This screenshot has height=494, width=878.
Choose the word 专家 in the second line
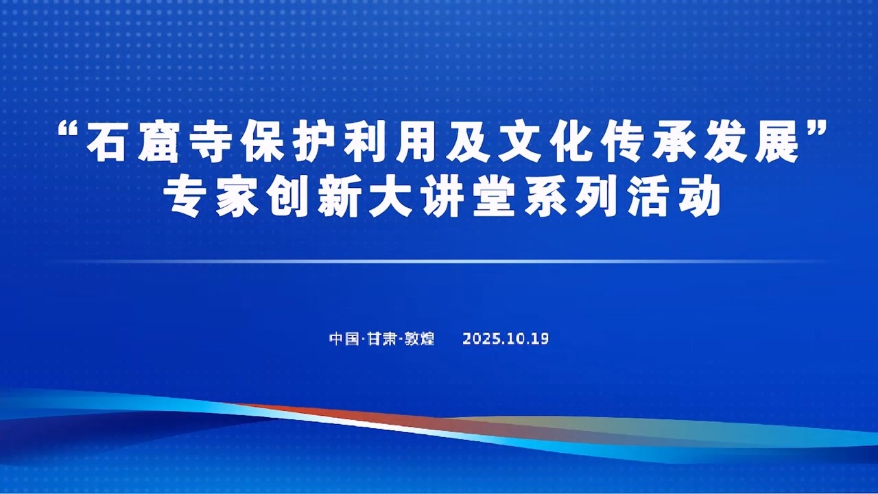coord(210,198)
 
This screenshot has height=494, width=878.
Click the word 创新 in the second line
coord(313,198)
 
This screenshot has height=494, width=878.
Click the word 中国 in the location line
coord(344,339)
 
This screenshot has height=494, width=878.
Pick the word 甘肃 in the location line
coord(381,339)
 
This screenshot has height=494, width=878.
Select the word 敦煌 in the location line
coord(419,339)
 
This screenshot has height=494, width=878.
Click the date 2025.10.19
coord(506,339)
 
